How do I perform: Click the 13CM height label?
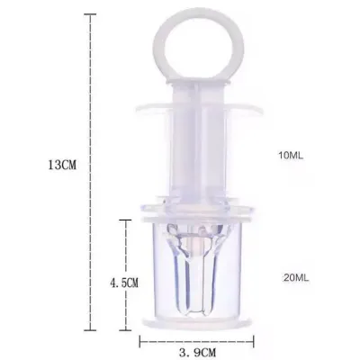(x=62, y=165)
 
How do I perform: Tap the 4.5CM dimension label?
(x=124, y=282)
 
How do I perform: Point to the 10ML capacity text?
(x=291, y=156)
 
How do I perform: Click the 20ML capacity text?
(x=296, y=278)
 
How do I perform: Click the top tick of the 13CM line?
(x=90, y=14)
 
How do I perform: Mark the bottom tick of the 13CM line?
(x=90, y=330)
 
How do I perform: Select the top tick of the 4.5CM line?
(x=125, y=220)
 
